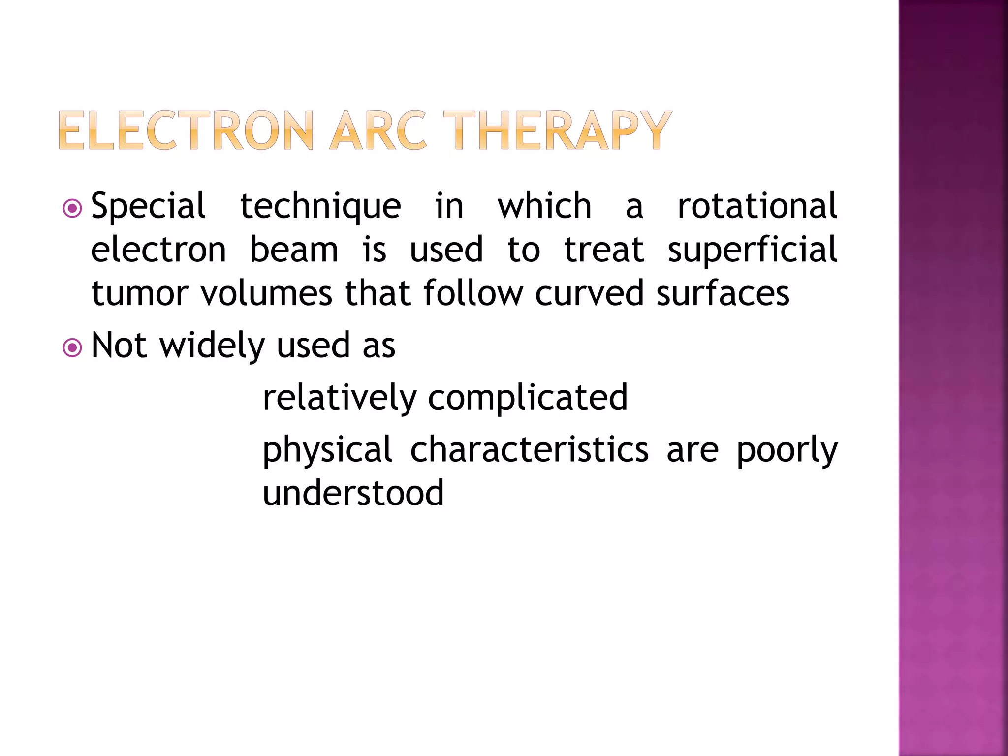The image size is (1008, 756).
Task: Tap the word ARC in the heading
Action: (378, 130)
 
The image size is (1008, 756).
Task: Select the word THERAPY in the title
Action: (557, 130)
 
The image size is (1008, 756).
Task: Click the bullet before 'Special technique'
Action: (72, 208)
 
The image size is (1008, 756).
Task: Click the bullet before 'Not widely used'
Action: (72, 348)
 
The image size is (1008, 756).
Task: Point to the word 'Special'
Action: (148, 207)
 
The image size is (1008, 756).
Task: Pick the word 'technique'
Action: (320, 207)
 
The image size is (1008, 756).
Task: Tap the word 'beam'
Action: (294, 250)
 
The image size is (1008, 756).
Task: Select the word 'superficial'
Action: (752, 251)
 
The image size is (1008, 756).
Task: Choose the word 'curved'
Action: (589, 293)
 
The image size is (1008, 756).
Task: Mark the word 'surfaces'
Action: (723, 293)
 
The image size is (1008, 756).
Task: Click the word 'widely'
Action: (213, 346)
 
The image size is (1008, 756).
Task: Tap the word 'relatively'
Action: (340, 398)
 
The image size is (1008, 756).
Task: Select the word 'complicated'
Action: (528, 398)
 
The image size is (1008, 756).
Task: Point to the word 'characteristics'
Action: (529, 449)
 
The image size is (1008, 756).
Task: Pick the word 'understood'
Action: (353, 493)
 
